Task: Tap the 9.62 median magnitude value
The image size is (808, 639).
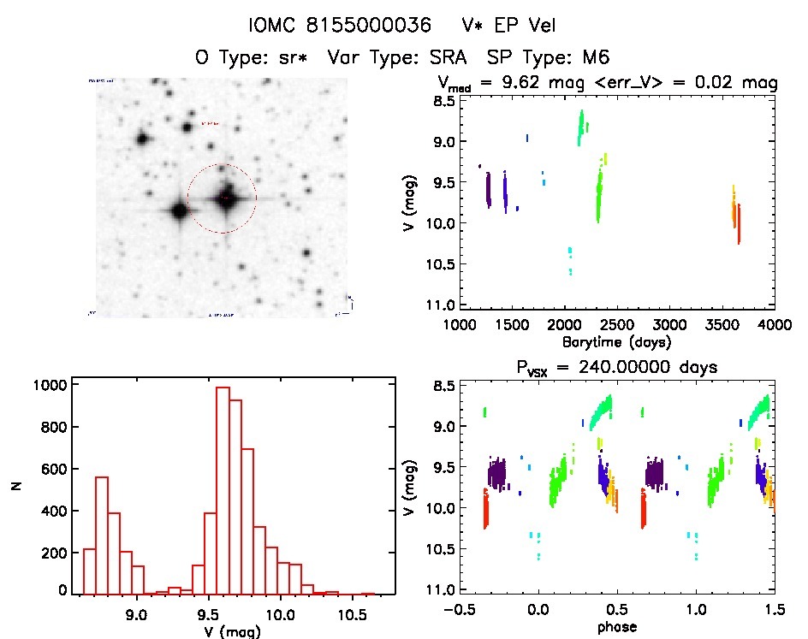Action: (x=514, y=83)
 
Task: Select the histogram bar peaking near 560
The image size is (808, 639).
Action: (x=101, y=535)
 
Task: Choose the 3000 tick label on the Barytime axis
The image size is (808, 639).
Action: (x=669, y=325)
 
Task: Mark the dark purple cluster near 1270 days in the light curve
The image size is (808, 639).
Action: (x=488, y=190)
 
